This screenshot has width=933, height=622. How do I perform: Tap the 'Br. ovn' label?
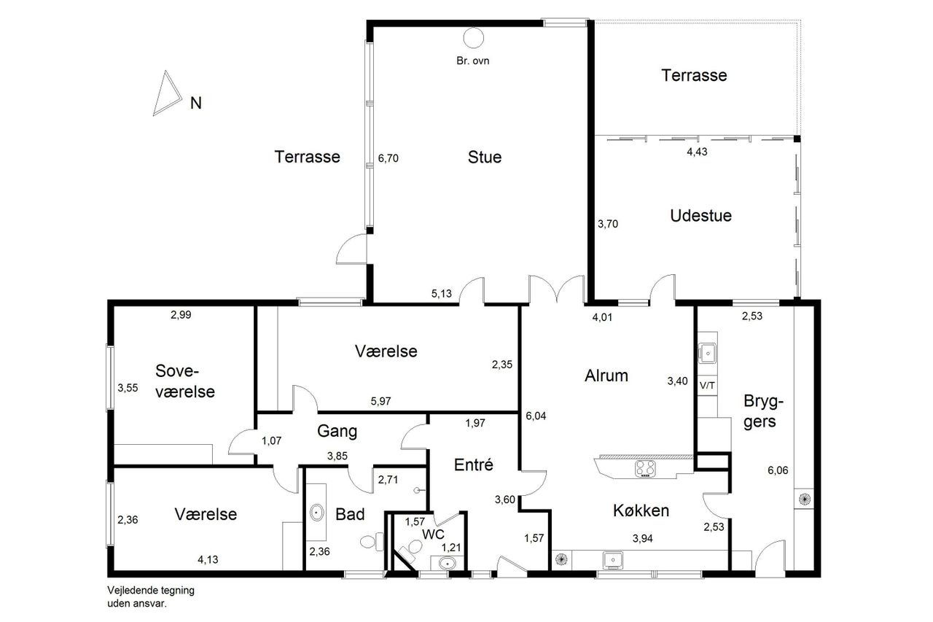[473, 61]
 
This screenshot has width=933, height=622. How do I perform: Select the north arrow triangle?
[167, 93]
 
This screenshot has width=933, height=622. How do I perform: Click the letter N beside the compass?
[196, 103]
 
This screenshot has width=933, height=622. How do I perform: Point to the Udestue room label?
[700, 215]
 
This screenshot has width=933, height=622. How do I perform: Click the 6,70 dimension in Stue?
[389, 158]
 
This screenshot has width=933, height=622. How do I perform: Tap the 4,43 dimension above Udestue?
[697, 152]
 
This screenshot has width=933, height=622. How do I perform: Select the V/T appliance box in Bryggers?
[707, 385]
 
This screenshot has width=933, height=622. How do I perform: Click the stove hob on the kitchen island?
[645, 469]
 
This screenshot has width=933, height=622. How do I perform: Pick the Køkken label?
[641, 510]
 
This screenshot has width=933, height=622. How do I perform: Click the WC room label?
[433, 534]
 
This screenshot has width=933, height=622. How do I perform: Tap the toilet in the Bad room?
[372, 542]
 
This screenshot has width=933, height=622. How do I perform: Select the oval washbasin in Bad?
[317, 512]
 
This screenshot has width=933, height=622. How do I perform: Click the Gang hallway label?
[337, 431]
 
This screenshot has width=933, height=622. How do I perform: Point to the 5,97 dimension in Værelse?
[380, 401]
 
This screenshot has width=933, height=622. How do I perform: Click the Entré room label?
[474, 464]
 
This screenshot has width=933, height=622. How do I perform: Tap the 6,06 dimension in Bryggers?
[778, 470]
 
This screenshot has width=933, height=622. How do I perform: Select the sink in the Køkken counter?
[613, 560]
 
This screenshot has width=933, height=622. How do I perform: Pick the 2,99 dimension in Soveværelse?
[181, 315]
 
